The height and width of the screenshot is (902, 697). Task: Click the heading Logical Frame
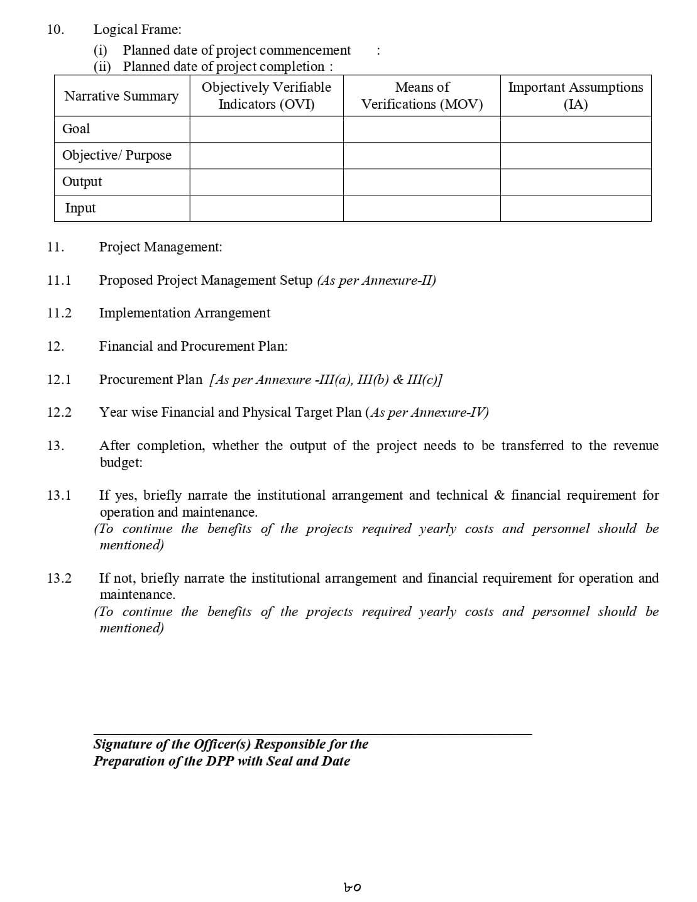137,30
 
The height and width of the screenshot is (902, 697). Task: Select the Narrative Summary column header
121,96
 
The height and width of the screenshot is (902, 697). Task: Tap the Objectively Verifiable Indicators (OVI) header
266,96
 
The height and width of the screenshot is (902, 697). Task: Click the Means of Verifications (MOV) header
422,96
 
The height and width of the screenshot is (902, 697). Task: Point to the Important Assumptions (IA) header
575,96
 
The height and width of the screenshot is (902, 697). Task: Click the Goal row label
76,129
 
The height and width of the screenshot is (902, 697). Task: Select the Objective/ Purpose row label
117,155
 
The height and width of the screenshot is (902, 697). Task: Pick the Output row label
82,182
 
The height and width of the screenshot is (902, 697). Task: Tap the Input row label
80,208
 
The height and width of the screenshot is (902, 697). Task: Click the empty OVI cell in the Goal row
266,129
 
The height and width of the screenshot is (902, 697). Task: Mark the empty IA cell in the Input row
575,208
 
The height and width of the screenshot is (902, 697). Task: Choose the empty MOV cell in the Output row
422,182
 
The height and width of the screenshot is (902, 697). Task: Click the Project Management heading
160,247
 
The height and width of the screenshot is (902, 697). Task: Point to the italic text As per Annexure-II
376,280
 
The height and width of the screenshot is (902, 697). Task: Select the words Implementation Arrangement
185,313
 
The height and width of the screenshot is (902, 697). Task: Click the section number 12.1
59,380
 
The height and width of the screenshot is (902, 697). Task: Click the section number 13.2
59,578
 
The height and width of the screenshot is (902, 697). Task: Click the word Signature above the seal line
122,744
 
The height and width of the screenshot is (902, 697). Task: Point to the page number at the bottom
353,888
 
